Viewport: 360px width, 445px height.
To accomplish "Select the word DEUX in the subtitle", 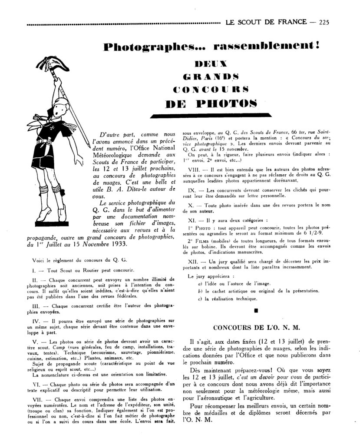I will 211,64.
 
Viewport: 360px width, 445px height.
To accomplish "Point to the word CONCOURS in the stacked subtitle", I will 211,90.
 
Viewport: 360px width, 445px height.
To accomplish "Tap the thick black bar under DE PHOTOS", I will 212,116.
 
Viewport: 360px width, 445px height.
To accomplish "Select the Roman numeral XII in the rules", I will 193,261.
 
